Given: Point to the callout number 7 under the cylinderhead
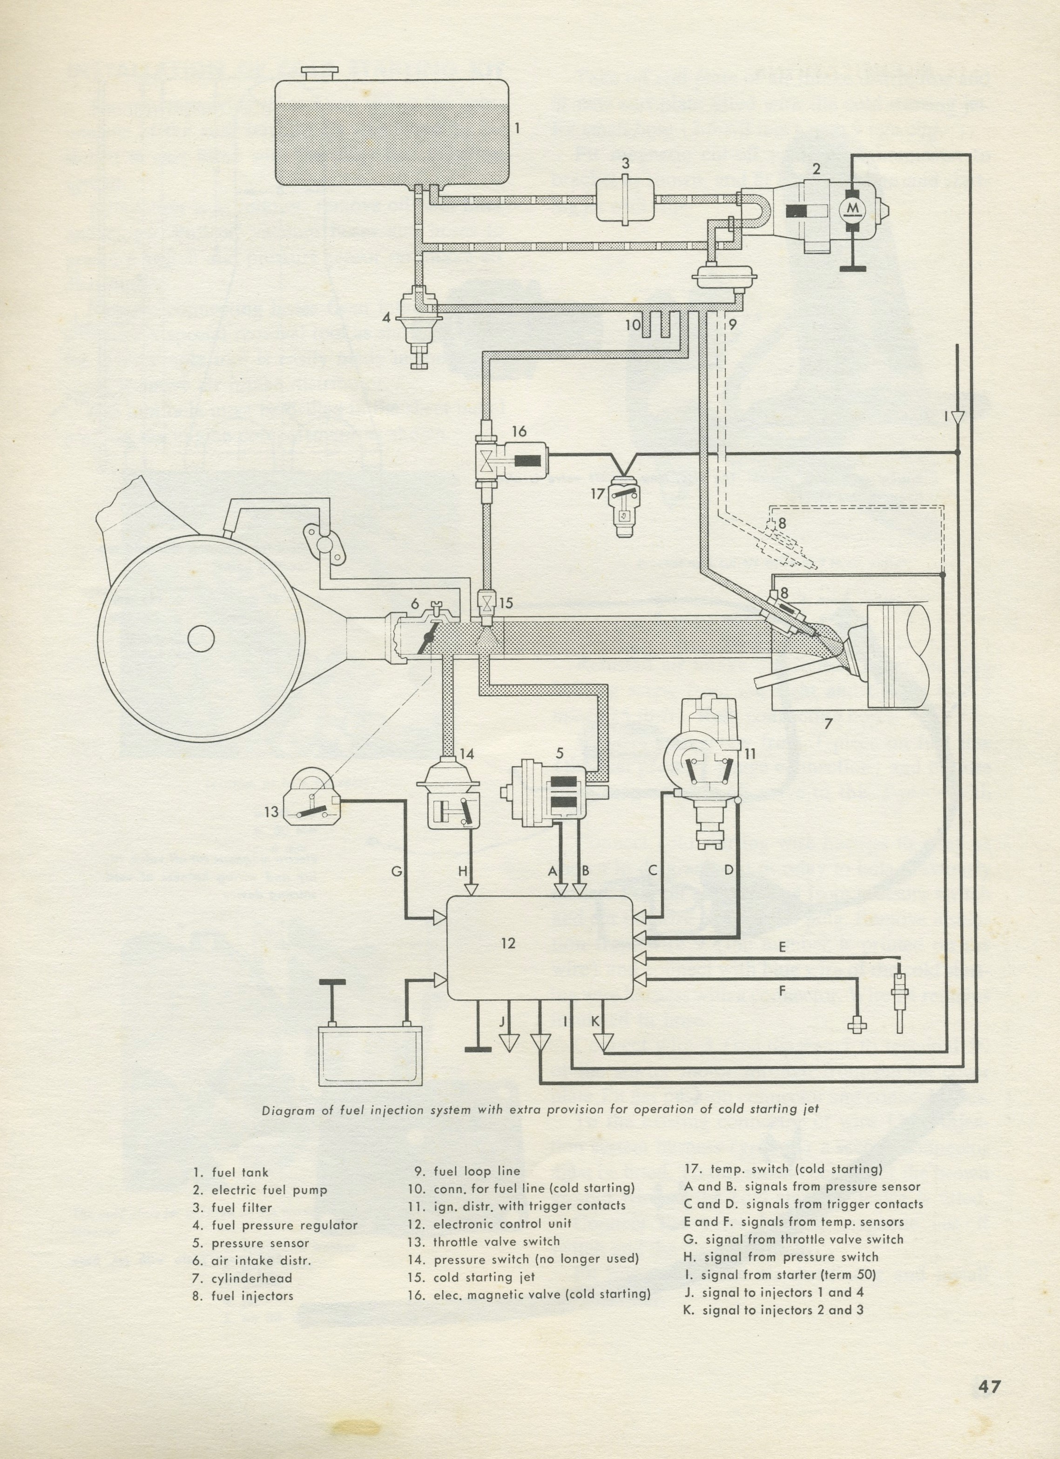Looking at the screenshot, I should pyautogui.click(x=829, y=723).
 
